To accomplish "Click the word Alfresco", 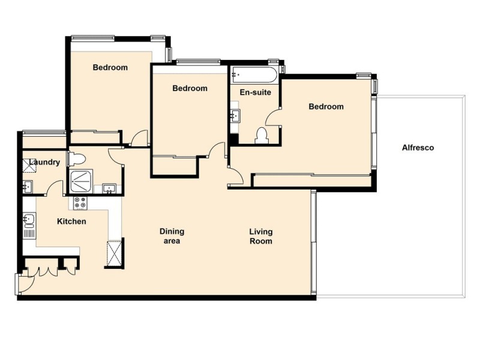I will tap(418, 148).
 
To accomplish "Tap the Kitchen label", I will tap(71, 221).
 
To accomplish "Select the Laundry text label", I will tap(44, 163).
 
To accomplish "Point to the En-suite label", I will tap(255, 92).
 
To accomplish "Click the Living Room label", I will tap(261, 236).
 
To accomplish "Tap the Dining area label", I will tap(172, 236).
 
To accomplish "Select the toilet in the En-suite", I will tap(261, 136).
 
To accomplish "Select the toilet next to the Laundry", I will tap(77, 158).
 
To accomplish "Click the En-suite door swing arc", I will tap(273, 118).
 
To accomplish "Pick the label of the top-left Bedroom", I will tap(110, 68).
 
